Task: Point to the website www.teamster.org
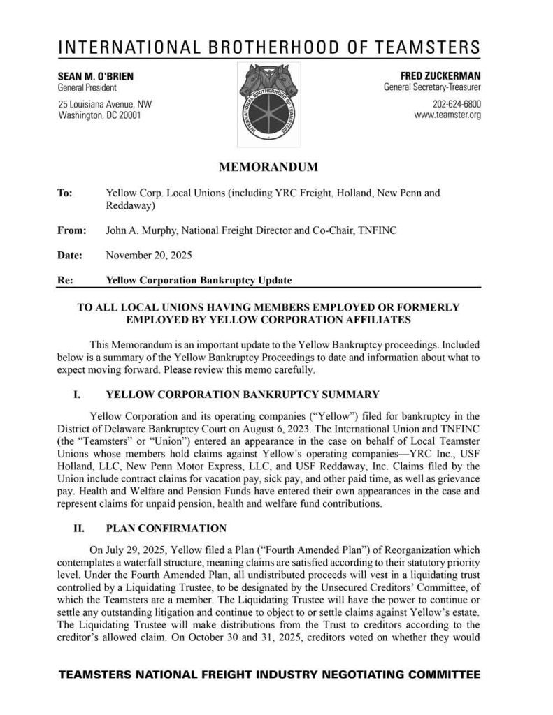[x=447, y=115]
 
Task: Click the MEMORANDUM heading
[x=269, y=167]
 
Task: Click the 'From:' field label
[x=72, y=230]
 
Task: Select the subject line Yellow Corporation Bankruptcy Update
[x=199, y=280]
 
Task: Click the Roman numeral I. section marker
[x=78, y=395]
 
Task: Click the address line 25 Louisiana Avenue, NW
[x=105, y=103]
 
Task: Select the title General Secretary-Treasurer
[x=432, y=87]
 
